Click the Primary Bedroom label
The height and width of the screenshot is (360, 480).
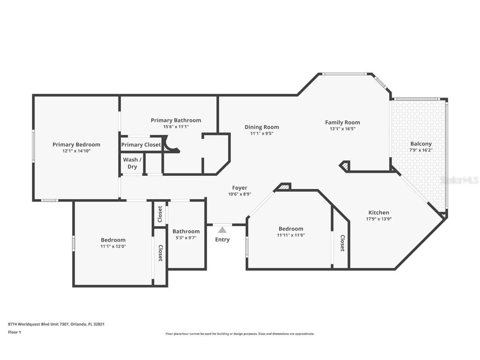click(x=76, y=145)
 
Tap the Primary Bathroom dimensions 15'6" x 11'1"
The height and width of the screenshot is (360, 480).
click(x=176, y=127)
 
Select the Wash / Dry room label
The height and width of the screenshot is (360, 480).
click(x=132, y=163)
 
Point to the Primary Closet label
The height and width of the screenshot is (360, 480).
click(x=141, y=145)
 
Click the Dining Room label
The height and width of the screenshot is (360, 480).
click(x=262, y=127)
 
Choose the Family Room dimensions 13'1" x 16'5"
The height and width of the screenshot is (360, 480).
click(x=342, y=129)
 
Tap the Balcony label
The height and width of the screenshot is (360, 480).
click(x=421, y=144)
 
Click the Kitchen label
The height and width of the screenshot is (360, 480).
click(x=379, y=212)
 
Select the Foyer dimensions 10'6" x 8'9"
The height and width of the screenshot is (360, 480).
click(x=240, y=194)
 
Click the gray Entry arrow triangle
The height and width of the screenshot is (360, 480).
click(x=222, y=230)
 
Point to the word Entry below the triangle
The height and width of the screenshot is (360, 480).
click(x=222, y=240)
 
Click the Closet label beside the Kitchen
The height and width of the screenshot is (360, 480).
click(x=342, y=243)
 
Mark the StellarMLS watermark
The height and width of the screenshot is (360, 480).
click(x=460, y=180)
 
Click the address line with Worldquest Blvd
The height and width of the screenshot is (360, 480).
click(x=56, y=324)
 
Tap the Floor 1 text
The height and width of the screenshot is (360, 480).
click(x=14, y=332)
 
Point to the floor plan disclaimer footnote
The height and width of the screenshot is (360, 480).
click(x=240, y=334)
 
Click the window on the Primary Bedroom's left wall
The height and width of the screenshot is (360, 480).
click(x=34, y=145)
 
